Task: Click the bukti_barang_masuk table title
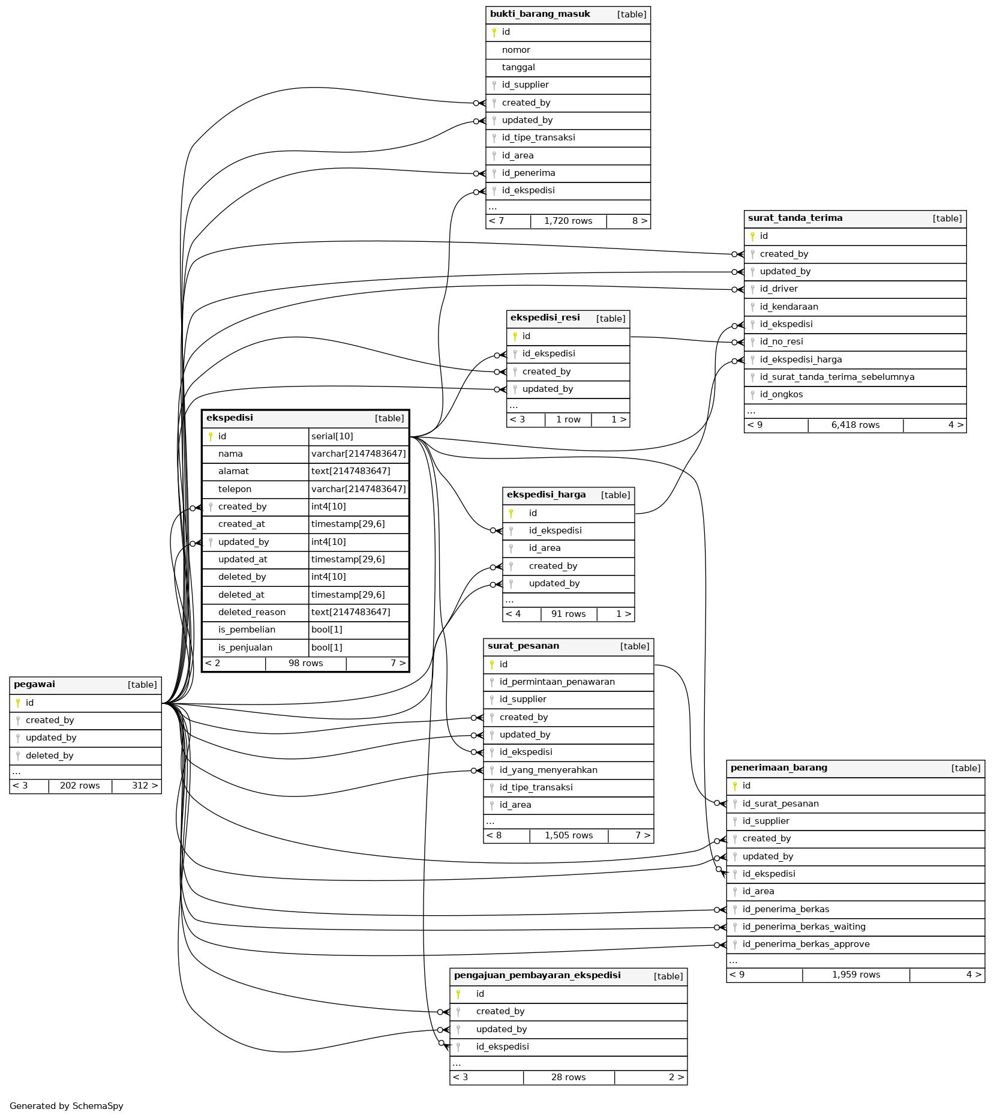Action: pyautogui.click(x=540, y=14)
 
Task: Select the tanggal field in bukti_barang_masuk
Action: pyautogui.click(x=518, y=67)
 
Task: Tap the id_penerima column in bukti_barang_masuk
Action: pyautogui.click(x=528, y=173)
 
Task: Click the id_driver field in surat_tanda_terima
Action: pyautogui.click(x=779, y=289)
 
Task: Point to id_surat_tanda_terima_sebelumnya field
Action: pyautogui.click(x=837, y=377)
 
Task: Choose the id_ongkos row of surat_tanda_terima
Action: pyautogui.click(x=781, y=394)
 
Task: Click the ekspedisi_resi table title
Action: pyautogui.click(x=545, y=318)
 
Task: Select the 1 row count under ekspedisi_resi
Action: pyautogui.click(x=567, y=419)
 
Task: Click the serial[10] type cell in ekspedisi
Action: pyautogui.click(x=332, y=436)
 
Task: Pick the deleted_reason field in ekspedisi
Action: pyautogui.click(x=252, y=612)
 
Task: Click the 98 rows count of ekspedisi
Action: pyautogui.click(x=305, y=663)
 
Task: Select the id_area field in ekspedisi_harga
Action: pyautogui.click(x=545, y=548)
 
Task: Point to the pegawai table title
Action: pyautogui.click(x=34, y=685)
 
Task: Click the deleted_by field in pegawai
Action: pyautogui.click(x=49, y=756)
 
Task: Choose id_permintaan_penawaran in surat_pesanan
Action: pyautogui.click(x=557, y=682)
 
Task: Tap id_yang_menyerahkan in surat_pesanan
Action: pyautogui.click(x=548, y=770)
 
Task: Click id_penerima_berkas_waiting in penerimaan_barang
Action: pyautogui.click(x=804, y=927)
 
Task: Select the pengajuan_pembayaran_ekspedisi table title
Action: pyautogui.click(x=537, y=975)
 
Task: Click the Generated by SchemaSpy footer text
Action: pyautogui.click(x=67, y=1106)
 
